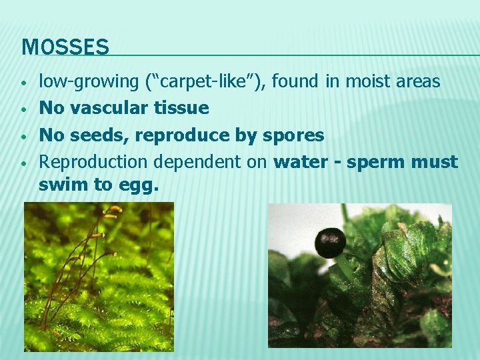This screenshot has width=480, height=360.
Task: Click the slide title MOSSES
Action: tap(65, 47)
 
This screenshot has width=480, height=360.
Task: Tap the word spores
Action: tap(294, 135)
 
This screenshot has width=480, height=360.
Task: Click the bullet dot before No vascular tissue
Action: tap(23, 109)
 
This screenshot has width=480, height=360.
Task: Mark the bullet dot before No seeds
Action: tap(23, 136)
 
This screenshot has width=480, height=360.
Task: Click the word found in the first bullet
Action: tap(296, 81)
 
